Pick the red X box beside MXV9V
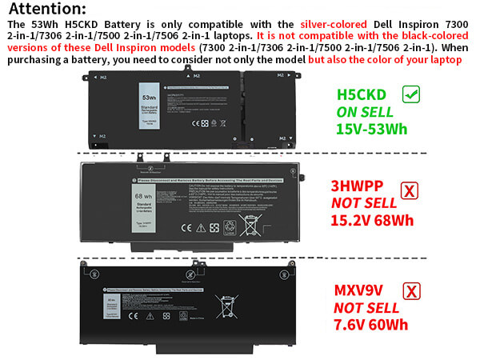pyautogui.click(x=411, y=290)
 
